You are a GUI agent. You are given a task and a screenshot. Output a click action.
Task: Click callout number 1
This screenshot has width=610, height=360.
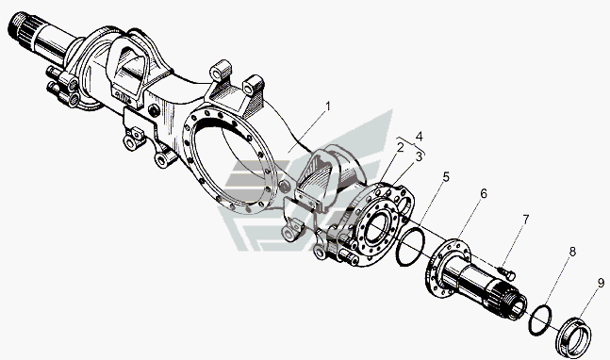328,106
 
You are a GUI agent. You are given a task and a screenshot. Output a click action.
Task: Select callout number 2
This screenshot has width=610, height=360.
400,147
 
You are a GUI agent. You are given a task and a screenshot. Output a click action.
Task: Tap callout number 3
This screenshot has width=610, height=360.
419,157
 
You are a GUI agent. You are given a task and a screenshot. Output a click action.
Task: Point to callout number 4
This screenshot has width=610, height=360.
419,137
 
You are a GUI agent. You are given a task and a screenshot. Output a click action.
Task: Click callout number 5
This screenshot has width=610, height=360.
446,177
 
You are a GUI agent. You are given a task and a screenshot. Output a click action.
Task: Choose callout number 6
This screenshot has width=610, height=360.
484,193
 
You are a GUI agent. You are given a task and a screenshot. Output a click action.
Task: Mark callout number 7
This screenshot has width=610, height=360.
525,220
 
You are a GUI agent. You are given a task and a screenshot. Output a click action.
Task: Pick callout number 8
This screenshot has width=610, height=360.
572,252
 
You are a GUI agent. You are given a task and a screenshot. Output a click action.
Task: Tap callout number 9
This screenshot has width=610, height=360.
602,283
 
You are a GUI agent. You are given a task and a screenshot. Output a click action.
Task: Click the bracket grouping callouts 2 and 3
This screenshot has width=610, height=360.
411,145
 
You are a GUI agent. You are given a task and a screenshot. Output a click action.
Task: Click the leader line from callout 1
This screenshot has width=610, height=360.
306,131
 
